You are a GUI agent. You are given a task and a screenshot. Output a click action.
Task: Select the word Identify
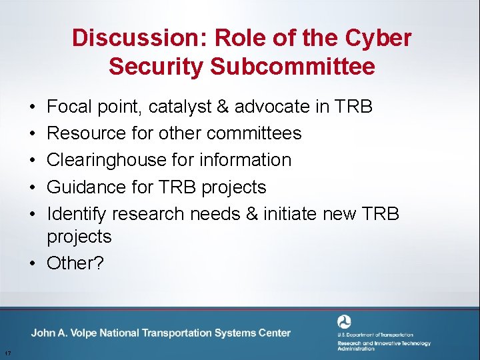click(x=77, y=214)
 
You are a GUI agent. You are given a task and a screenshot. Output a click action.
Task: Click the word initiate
click(x=290, y=214)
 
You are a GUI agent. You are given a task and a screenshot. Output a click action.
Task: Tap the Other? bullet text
click(x=75, y=263)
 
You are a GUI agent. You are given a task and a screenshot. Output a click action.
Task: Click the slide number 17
click(x=6, y=353)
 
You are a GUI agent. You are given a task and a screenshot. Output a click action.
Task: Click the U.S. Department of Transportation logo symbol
click(x=344, y=322)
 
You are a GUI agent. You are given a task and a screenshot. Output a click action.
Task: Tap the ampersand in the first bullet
click(x=224, y=107)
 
